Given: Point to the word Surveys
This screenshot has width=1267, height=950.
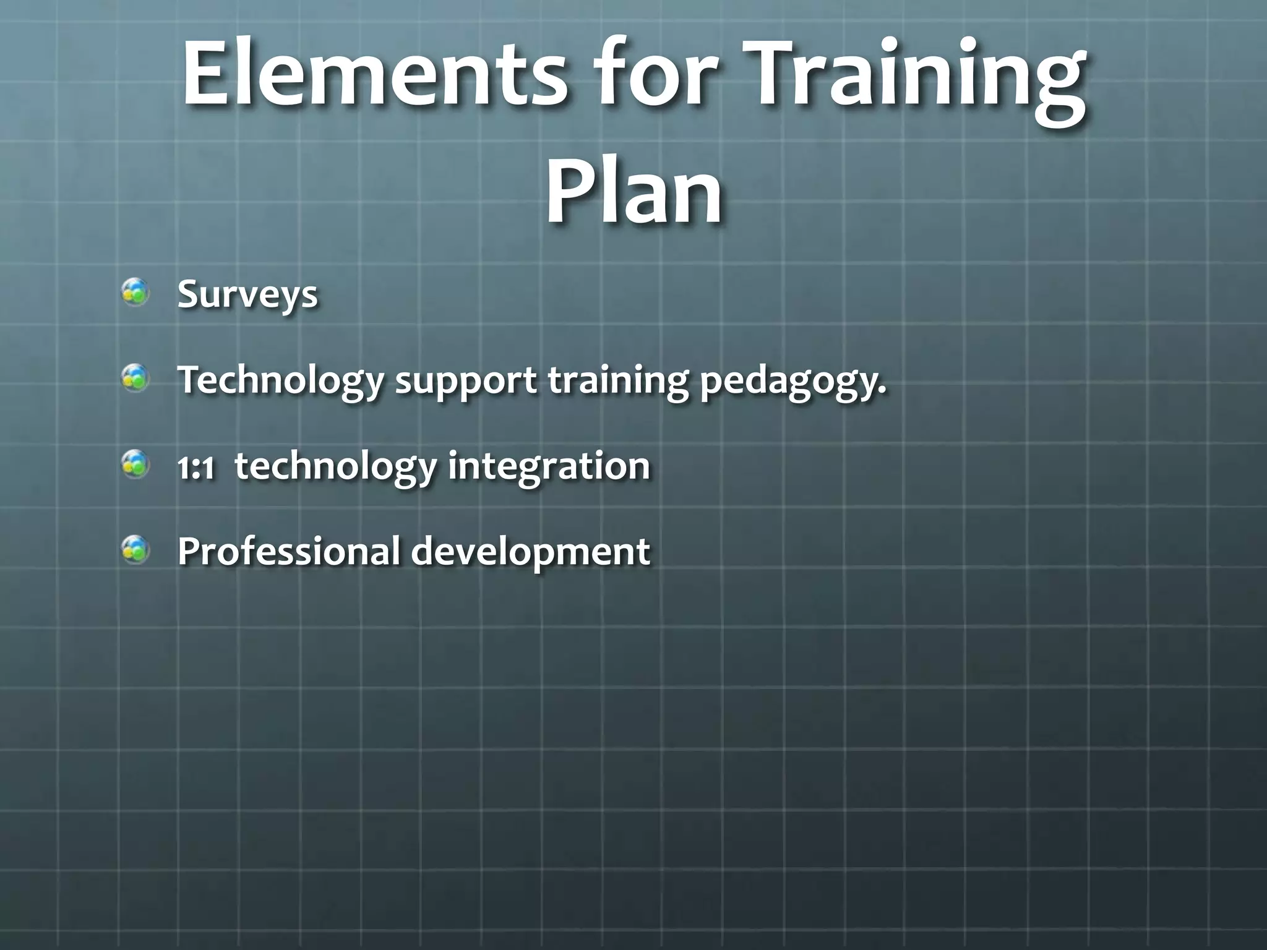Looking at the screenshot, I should [x=247, y=295].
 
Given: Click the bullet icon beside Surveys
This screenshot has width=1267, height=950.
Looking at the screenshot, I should [x=135, y=292].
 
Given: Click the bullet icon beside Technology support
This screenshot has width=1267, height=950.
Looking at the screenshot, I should [x=135, y=377].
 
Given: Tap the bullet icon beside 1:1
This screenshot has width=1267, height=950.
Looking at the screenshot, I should [x=135, y=464].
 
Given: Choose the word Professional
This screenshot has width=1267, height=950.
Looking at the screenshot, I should [x=288, y=551].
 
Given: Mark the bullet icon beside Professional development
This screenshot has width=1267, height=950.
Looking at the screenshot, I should [x=135, y=549].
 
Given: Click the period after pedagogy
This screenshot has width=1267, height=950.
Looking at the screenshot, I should [x=882, y=390].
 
